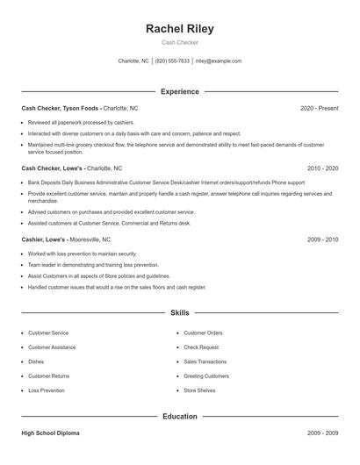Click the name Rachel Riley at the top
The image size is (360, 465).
(x=179, y=28)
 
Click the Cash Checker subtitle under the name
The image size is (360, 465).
(x=179, y=42)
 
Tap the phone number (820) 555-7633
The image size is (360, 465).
(x=172, y=61)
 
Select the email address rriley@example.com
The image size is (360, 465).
(x=218, y=61)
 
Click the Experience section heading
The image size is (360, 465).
(x=179, y=91)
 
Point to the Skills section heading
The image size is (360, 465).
(x=179, y=312)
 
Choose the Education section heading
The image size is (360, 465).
(x=179, y=418)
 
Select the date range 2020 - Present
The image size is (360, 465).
(x=319, y=108)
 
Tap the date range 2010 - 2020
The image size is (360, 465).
(x=322, y=168)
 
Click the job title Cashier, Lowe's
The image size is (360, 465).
(x=44, y=240)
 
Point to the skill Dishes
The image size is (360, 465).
(x=36, y=361)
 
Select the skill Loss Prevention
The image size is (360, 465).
(x=46, y=390)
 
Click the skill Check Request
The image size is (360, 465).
(x=201, y=347)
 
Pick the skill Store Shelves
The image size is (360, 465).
(x=199, y=390)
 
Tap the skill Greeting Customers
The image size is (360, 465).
(x=206, y=376)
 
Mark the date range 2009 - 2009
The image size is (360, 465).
(x=322, y=433)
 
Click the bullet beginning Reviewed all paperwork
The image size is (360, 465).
(x=81, y=123)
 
